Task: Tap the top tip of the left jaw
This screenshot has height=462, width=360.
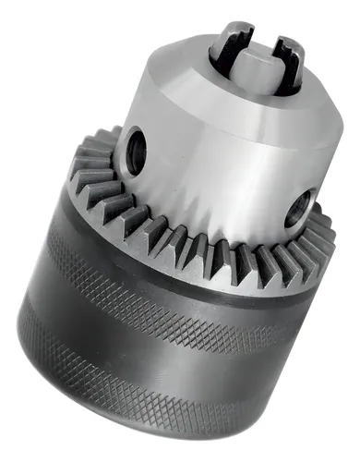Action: coord(226,31)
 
